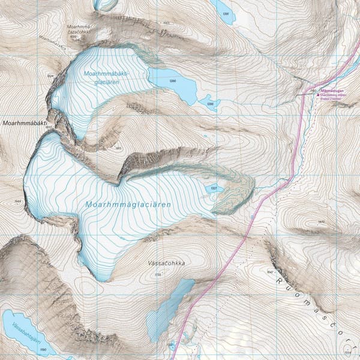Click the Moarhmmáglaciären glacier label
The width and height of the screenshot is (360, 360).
pos(128,205)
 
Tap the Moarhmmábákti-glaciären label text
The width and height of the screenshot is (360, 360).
pos(115,78)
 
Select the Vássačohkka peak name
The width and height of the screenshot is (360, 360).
pos(165,263)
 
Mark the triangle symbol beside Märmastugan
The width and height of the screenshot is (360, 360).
pos(318,94)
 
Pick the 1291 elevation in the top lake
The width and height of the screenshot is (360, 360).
pos(226,14)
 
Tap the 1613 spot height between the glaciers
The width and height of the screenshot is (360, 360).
pos(118,147)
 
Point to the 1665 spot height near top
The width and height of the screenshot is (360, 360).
pos(166,23)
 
